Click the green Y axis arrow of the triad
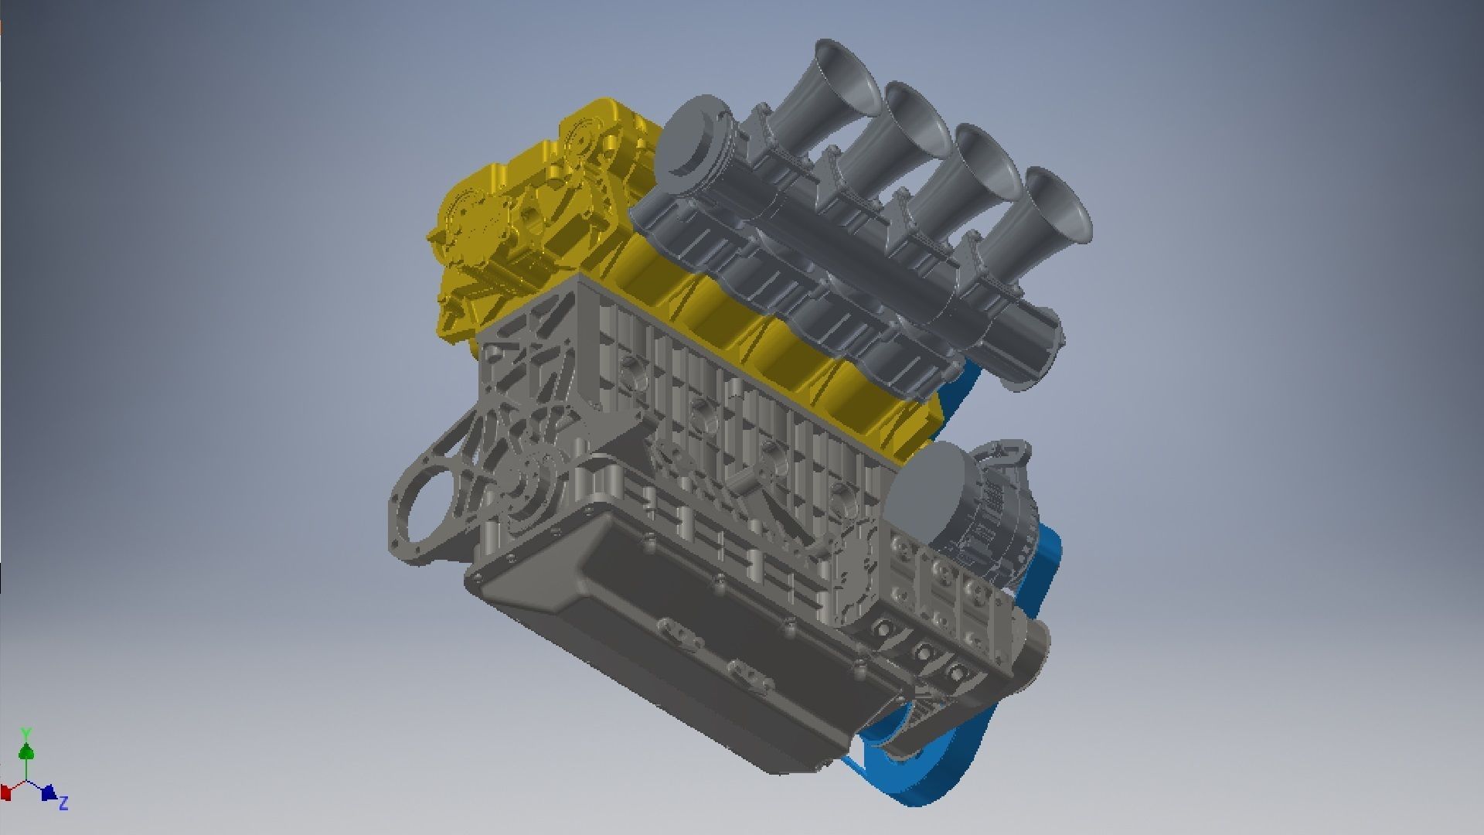tap(26, 750)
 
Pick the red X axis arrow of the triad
tap(6, 792)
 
